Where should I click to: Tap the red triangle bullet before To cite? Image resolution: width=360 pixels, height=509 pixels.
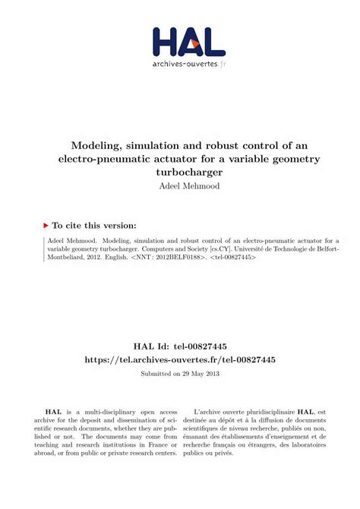tap(46, 226)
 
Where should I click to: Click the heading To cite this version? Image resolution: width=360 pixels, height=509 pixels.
tap(94, 226)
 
